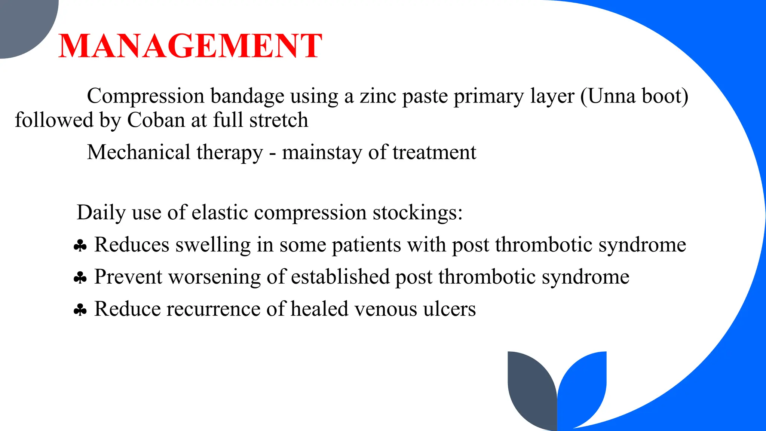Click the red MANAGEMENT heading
190,46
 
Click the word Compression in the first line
145,96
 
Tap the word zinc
378,96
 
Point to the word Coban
156,120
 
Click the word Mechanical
139,152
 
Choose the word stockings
417,213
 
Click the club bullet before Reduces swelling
80,246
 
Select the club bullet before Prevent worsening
80,278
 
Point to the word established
340,277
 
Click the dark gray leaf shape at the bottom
531,389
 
